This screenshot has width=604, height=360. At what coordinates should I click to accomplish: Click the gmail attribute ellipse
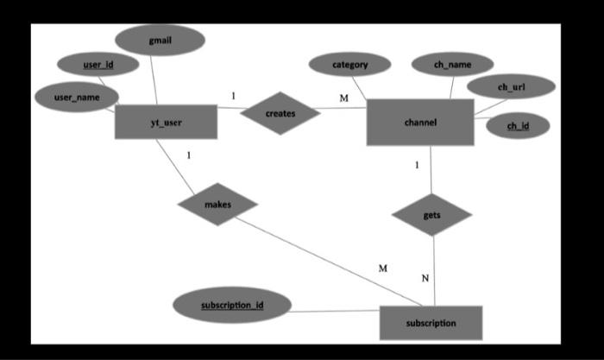(x=160, y=40)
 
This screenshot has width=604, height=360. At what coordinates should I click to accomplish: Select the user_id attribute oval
(x=98, y=64)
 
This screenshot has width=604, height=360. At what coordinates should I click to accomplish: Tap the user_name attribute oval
(x=77, y=98)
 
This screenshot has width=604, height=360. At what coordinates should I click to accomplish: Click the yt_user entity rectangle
(x=166, y=122)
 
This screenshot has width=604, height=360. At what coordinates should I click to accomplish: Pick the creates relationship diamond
(x=280, y=113)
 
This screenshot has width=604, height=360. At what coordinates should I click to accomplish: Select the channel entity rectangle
(x=420, y=122)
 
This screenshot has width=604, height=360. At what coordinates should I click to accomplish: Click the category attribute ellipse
(x=349, y=64)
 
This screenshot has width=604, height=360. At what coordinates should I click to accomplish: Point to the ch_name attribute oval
(x=452, y=64)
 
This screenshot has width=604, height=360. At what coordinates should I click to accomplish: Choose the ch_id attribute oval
(x=518, y=126)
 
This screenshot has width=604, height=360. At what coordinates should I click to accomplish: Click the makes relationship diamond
(x=217, y=205)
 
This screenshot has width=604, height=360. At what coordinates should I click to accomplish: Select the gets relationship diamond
(x=431, y=214)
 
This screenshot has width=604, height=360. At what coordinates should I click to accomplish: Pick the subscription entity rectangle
(x=431, y=323)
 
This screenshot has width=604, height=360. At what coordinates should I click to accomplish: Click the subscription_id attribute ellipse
(x=232, y=306)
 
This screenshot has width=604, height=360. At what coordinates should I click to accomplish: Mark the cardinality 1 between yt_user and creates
(x=232, y=95)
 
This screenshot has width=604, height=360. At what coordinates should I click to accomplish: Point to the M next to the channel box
(x=343, y=98)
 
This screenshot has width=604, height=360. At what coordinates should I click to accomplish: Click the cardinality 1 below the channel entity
(x=417, y=164)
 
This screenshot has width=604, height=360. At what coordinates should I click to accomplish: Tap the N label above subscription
(x=425, y=278)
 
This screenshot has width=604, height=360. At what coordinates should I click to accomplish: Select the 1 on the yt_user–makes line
(x=188, y=156)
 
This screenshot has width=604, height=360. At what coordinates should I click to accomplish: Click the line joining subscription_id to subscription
(x=336, y=311)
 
